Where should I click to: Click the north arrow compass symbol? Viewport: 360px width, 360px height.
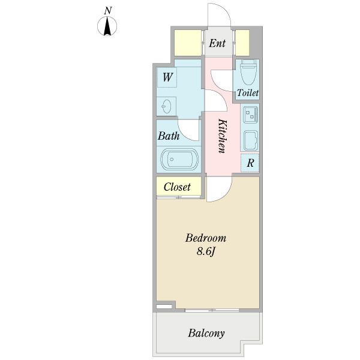tap(107, 26)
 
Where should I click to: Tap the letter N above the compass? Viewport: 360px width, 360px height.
tap(107, 11)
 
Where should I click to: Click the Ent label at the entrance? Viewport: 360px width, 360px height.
tap(217, 43)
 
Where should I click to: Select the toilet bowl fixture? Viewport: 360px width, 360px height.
tap(248, 71)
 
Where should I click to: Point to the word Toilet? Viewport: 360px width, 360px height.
tap(248, 93)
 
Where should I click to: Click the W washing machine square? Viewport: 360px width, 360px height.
tap(167, 77)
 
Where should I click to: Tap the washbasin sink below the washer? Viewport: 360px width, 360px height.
tap(166, 106)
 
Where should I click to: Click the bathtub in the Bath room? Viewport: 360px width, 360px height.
tap(179, 159)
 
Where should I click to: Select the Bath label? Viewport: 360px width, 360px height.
tap(169, 136)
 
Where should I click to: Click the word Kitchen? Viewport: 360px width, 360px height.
tap(222, 136)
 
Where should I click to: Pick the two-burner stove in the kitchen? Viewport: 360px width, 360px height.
tap(250, 115)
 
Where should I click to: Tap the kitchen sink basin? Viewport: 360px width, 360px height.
tap(250, 140)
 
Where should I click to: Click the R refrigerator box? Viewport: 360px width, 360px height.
tap(250, 163)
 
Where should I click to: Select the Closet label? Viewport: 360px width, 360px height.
tap(177, 187)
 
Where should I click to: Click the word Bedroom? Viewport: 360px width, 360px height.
tap(206, 238)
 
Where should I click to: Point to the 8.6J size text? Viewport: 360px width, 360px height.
tap(206, 251)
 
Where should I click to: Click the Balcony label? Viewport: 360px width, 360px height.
tap(206, 334)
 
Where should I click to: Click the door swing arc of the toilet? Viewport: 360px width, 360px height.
tap(217, 86)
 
